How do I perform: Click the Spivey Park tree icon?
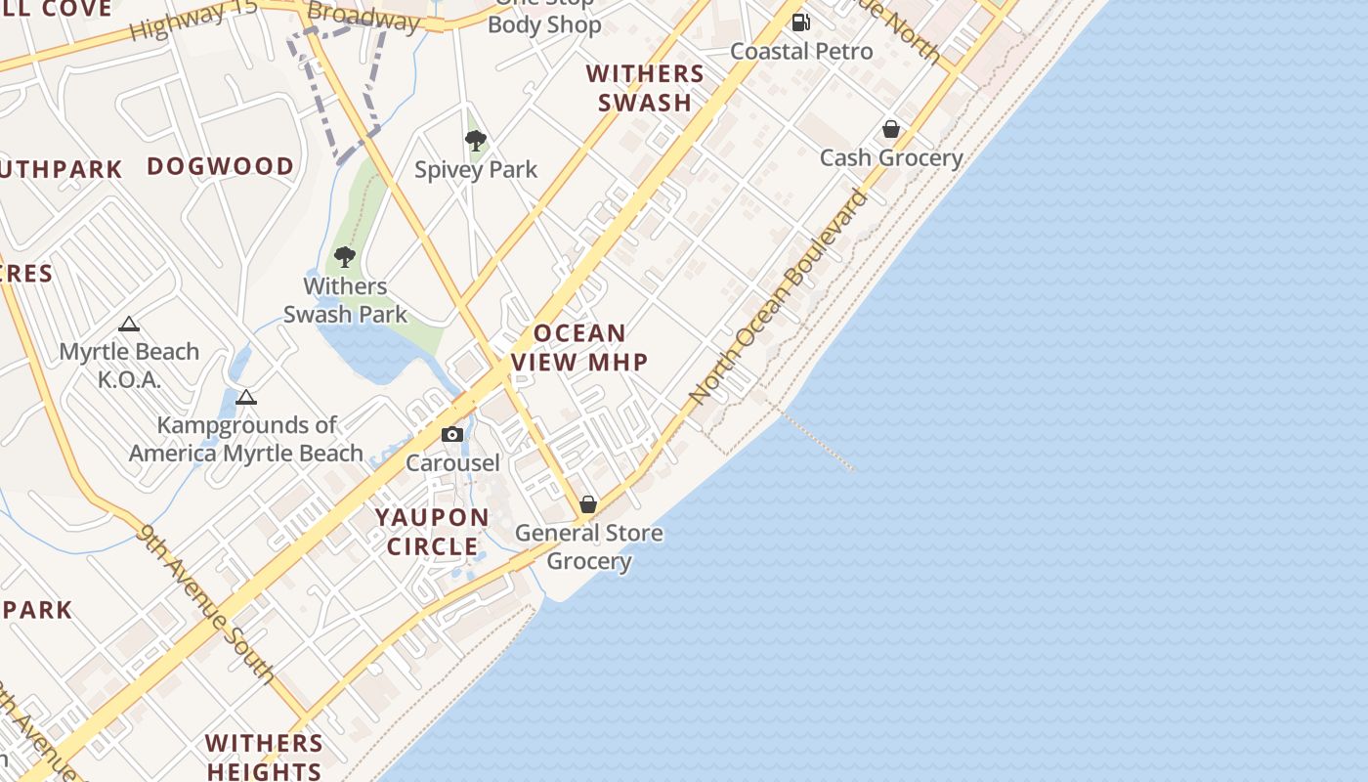(x=476, y=141)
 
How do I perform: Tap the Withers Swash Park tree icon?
(x=344, y=257)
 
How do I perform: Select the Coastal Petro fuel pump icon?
(x=801, y=22)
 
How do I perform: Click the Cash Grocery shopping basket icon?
(x=891, y=129)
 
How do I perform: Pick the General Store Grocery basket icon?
(x=588, y=504)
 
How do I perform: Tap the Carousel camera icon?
(x=452, y=434)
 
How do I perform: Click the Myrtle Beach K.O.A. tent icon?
(x=129, y=325)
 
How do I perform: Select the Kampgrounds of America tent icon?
(x=246, y=397)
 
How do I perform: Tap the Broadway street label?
(x=363, y=17)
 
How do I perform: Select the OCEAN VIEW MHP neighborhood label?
(x=579, y=347)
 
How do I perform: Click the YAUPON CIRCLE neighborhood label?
(x=433, y=532)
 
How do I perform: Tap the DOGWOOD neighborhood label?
(x=221, y=166)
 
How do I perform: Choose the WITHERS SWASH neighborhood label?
(x=645, y=88)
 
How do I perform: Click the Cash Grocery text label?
(x=891, y=157)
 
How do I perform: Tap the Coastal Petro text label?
(x=801, y=51)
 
